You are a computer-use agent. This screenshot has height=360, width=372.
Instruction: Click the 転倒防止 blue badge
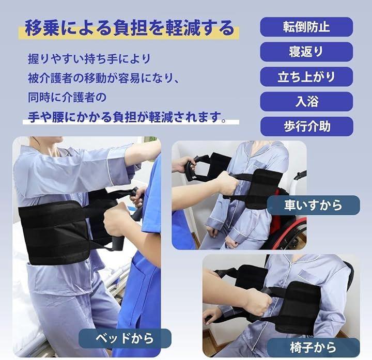click(306, 27)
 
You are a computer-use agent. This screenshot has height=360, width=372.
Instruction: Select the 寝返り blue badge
click(306, 52)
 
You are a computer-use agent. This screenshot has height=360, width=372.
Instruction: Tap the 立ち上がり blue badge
click(306, 76)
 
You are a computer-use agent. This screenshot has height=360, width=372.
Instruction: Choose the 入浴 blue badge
click(306, 102)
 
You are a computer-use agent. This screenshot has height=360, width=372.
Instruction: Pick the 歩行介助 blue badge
click(306, 127)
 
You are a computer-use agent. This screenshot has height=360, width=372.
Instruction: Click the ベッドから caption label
click(125, 338)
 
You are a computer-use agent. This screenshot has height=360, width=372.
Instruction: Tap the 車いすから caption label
click(313, 205)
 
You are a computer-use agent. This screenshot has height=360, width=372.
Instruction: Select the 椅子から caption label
click(313, 348)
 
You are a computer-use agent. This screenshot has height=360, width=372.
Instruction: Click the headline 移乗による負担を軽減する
click(130, 28)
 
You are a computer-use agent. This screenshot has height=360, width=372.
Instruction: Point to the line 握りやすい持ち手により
click(89, 59)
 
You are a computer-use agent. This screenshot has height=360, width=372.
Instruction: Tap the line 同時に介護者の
click(67, 98)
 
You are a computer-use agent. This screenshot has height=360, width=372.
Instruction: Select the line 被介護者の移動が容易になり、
click(103, 79)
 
